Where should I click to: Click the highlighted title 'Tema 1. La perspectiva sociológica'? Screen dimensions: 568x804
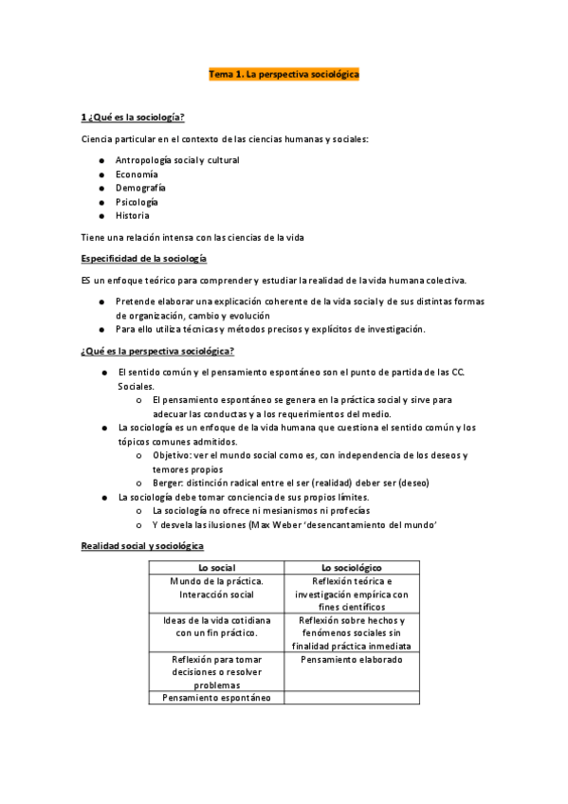tap(284, 73)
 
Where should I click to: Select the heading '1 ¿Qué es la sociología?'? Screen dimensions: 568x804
tap(133, 118)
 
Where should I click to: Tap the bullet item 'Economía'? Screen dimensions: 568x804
tap(137, 174)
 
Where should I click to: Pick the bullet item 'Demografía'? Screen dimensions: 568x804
tap(140, 188)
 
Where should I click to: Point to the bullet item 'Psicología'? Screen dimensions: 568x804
tap(137, 202)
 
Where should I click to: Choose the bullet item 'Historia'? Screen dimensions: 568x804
tap(133, 215)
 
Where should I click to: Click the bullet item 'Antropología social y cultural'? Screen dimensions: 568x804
tap(177, 160)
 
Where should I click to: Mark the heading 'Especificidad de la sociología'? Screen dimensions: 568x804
tap(144, 259)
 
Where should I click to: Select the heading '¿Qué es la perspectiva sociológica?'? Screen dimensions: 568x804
tap(158, 351)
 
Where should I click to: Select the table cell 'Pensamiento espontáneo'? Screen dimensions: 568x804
tap(215, 698)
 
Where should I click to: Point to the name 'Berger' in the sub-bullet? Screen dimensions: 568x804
tap(166, 482)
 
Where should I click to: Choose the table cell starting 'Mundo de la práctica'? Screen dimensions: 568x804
tap(215, 587)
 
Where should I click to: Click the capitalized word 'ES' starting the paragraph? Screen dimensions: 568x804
tap(88, 280)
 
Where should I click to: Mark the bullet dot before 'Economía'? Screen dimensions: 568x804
tap(101, 174)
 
